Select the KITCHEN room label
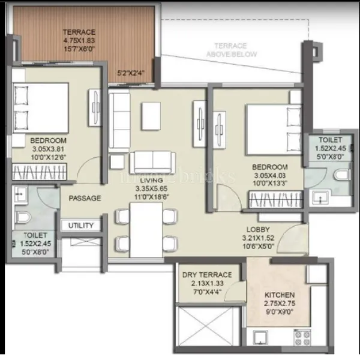pyautogui.click(x=280, y=295)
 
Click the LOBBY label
pyautogui.click(x=257, y=229)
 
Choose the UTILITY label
pyautogui.click(x=81, y=226)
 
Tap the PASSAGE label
pyautogui.click(x=85, y=198)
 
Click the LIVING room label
pyautogui.click(x=151, y=180)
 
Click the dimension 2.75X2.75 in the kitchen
pyautogui.click(x=280, y=304)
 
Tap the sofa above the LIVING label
pyautogui.click(x=152, y=162)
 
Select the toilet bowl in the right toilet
pyautogui.click(x=341, y=175)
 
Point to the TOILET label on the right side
pyautogui.click(x=329, y=140)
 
